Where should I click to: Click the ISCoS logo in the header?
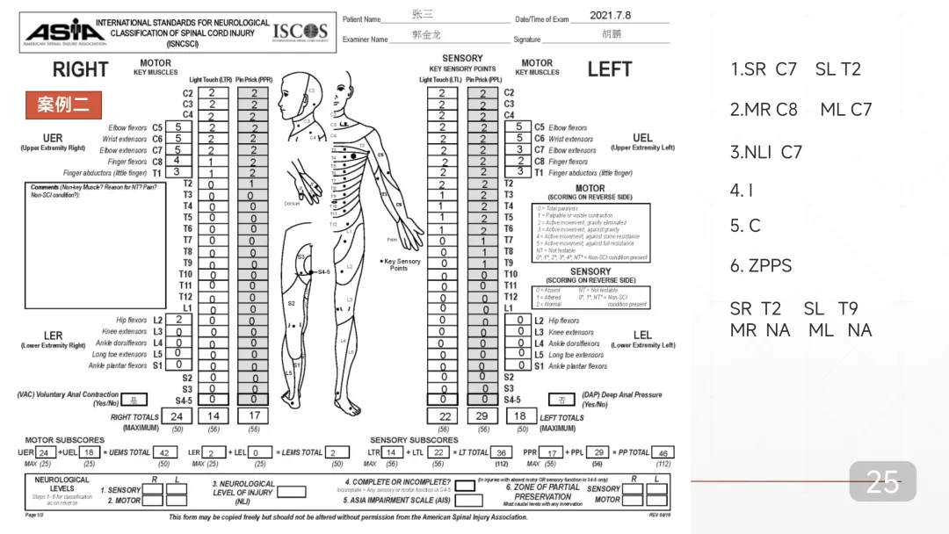(x=300, y=32)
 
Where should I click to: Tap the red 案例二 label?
(x=62, y=105)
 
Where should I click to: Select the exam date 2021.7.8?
(x=610, y=16)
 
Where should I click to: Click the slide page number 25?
(x=882, y=481)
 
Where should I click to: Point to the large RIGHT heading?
(x=80, y=70)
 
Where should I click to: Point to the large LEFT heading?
(x=610, y=70)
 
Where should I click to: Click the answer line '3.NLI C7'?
(x=765, y=152)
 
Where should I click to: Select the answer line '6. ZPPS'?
(x=760, y=265)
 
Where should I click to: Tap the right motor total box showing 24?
(x=177, y=416)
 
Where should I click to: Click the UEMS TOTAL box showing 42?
(x=163, y=452)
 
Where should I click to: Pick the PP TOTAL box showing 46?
(x=663, y=452)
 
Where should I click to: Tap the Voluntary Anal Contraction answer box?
(x=134, y=400)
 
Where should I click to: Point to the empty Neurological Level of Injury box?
(x=292, y=493)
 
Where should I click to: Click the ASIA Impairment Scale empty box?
(x=469, y=500)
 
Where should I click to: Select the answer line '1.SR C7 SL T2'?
(x=795, y=69)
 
